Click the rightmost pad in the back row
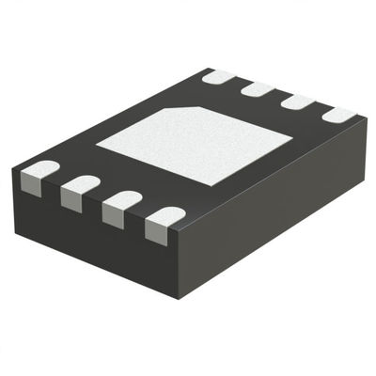click(339, 115)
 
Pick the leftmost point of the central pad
click(96, 146)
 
